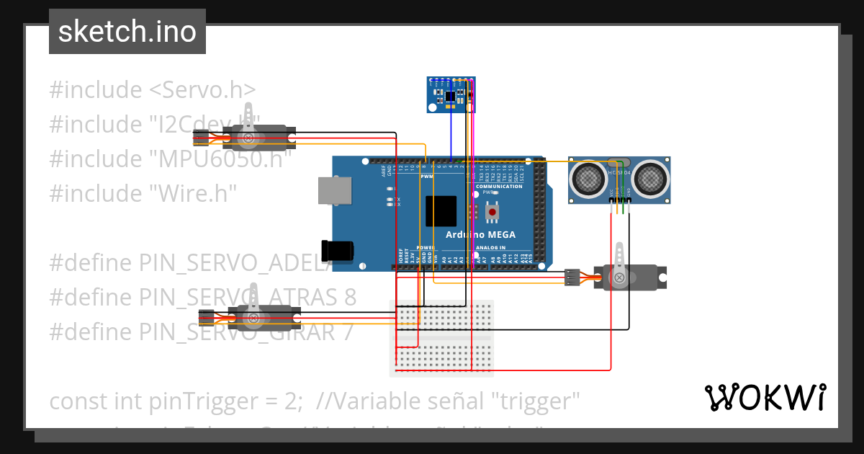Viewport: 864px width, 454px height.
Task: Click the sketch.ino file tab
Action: coord(127,32)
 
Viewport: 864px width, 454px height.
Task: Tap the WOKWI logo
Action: coord(765,397)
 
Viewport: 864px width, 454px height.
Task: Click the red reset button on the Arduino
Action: coord(492,211)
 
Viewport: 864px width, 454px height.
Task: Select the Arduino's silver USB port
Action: coord(334,191)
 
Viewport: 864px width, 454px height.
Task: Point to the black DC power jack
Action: coord(338,250)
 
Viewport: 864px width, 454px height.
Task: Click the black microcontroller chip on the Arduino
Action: coord(441,212)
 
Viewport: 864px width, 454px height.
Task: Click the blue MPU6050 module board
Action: coord(451,94)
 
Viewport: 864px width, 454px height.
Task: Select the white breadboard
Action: coord(441,338)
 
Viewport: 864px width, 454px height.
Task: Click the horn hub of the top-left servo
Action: coord(249,137)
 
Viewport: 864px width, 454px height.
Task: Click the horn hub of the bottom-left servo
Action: coord(253,318)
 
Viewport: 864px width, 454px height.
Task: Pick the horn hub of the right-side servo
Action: coord(618,277)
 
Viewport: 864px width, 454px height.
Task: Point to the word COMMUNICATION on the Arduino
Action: coord(499,187)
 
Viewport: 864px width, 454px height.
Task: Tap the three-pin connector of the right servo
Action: coord(572,277)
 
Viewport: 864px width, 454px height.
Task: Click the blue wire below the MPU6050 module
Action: coord(451,137)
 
